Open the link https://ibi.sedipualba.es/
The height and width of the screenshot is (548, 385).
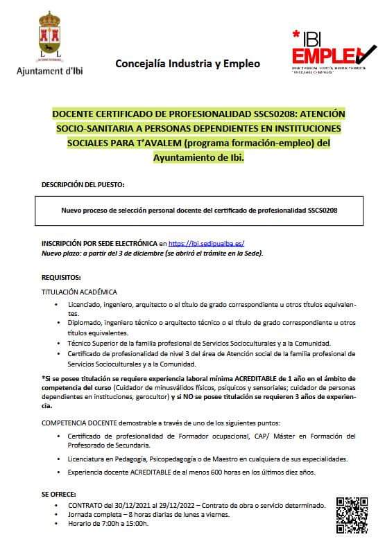[207, 244]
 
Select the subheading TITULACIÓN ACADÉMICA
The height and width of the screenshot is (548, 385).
[79, 292]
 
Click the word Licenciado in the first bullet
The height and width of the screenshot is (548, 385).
[85, 304]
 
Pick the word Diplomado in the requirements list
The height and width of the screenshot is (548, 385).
[85, 324]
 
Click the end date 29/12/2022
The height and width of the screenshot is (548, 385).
[170, 505]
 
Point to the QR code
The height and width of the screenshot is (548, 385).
[351, 515]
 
